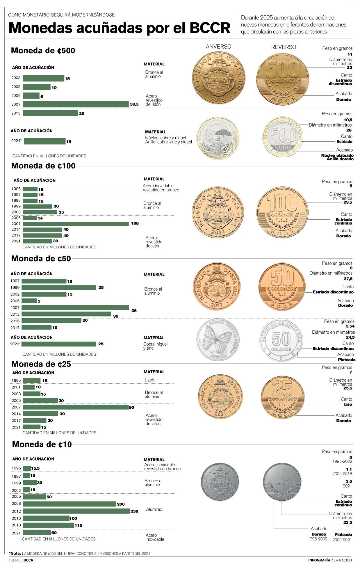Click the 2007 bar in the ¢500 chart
pos(76,104)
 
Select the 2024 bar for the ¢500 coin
pos(44,141)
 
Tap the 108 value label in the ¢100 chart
pos(135,223)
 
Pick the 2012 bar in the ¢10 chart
pos(76,511)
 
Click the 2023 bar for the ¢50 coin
pos(59,344)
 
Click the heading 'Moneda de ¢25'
pos(41,364)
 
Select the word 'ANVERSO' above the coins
pos(218,47)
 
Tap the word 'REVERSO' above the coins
pos(284,47)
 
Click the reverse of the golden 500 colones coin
pos(282,78)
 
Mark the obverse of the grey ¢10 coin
pos(220,482)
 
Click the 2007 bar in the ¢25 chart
pos(76,407)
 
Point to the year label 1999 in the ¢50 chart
pos(15,287)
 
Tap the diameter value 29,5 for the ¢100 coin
pos(347,202)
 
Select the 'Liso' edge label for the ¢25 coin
pos(348,404)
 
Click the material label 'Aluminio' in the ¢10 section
pos(154,509)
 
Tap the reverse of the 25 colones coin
pos(282,397)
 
